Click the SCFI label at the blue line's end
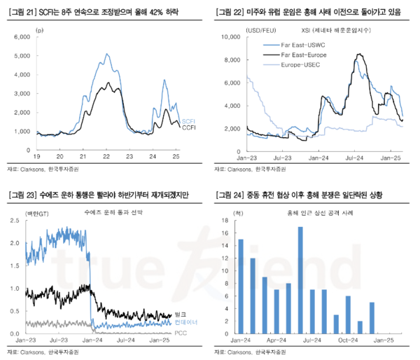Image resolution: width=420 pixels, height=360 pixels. (188, 121)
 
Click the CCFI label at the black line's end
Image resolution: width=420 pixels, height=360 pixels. (188, 128)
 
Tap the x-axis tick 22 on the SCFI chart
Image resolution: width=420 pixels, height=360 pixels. (106, 156)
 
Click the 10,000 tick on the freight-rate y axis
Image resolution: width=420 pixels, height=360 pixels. (232, 36)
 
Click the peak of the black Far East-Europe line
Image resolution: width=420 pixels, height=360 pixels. (358, 54)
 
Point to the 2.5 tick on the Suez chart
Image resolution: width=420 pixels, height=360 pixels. (15, 221)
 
